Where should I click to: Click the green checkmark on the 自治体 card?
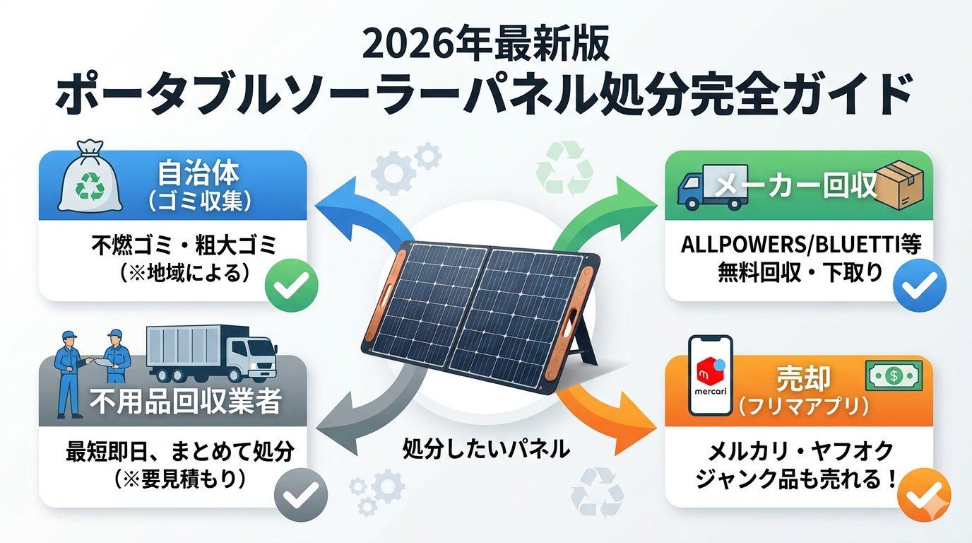pyautogui.click(x=292, y=285)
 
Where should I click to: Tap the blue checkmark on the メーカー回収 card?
pyautogui.click(x=920, y=285)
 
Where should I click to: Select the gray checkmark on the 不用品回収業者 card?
pyautogui.click(x=301, y=495)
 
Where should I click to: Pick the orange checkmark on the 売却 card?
pyautogui.click(x=924, y=495)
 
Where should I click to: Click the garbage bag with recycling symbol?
pyautogui.click(x=90, y=176)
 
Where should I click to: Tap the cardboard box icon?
pyautogui.click(x=899, y=185)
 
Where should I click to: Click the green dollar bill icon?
pyautogui.click(x=894, y=375)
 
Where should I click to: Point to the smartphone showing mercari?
pyautogui.click(x=711, y=375)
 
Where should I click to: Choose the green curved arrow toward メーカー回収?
pyautogui.click(x=607, y=214)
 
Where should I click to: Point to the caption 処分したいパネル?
pyautogui.click(x=486, y=449)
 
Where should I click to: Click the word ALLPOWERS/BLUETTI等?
pyautogui.click(x=800, y=245)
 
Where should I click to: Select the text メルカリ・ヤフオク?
pyautogui.click(x=800, y=452)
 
